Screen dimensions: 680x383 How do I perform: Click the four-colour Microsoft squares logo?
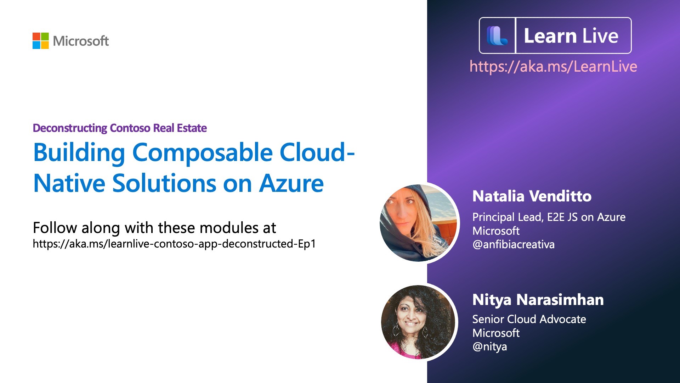point(41,41)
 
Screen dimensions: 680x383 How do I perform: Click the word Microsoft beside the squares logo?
point(81,41)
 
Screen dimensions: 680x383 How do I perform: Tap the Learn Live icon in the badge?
point(497,36)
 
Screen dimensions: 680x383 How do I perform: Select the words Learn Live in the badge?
point(571,36)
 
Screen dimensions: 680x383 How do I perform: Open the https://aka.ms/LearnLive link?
point(553,67)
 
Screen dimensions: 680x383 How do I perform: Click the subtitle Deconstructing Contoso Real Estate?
point(120,128)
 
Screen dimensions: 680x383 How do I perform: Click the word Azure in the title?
point(291,183)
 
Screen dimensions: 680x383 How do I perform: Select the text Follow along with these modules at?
point(154,228)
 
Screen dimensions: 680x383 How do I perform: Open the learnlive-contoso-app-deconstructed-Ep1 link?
point(174,244)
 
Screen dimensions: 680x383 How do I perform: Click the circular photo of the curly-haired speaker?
point(418,322)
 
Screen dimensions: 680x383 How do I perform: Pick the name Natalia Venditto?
point(532,196)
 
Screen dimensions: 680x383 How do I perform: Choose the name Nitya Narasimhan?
point(538,300)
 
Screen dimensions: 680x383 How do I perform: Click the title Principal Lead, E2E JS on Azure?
point(549,217)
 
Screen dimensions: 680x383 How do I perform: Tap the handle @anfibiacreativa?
point(514,245)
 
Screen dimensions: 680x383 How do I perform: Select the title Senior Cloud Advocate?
point(529,319)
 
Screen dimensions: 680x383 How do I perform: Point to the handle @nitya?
point(490,347)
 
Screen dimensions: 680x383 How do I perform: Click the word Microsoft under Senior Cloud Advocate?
point(496,333)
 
